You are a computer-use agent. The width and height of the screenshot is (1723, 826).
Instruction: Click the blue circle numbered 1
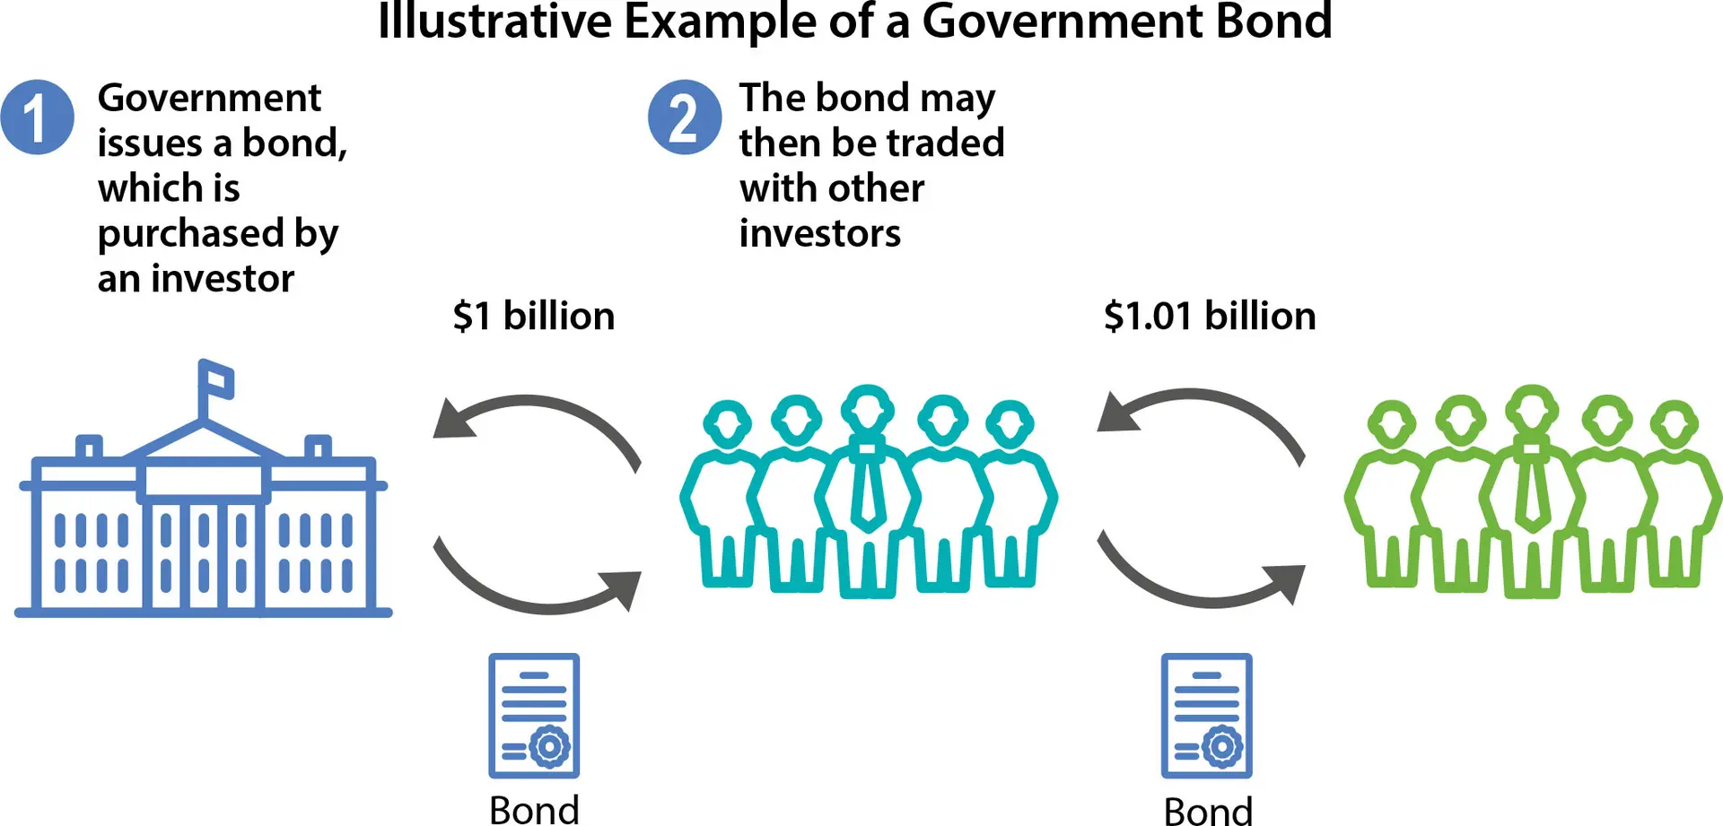[37, 117]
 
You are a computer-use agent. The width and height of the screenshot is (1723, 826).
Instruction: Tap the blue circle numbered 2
[685, 117]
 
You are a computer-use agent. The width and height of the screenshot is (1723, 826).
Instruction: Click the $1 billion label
[534, 316]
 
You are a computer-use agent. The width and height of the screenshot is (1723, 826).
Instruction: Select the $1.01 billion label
[1210, 316]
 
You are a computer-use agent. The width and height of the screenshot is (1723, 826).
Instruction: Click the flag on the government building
[216, 380]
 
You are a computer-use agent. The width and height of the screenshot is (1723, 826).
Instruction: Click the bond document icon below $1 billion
[534, 716]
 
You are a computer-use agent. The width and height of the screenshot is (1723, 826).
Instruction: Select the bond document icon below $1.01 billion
[1207, 716]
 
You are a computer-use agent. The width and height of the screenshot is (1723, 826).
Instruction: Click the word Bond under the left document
[534, 810]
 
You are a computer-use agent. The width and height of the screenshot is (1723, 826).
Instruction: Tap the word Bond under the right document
[1208, 811]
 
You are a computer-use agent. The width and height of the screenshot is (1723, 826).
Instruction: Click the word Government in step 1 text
[209, 97]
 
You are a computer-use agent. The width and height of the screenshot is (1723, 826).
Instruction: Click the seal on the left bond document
[550, 746]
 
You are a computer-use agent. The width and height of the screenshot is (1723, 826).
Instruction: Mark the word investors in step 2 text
[820, 233]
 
